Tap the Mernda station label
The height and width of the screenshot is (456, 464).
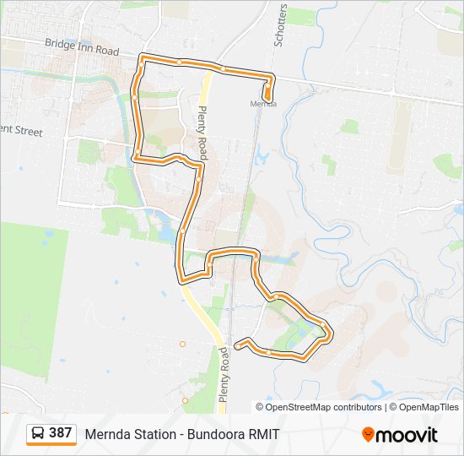(263, 104)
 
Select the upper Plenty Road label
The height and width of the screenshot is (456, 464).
(202, 122)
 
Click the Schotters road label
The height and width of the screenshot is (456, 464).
(281, 25)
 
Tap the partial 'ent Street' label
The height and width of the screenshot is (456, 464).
(20, 131)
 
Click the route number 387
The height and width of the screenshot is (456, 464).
(60, 433)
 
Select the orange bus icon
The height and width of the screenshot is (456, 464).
(38, 433)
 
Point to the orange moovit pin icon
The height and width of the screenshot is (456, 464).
(369, 435)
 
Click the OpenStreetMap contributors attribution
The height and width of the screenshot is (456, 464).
(324, 407)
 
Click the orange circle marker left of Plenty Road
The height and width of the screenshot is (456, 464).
(182, 344)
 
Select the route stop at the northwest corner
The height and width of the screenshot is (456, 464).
(142, 58)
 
